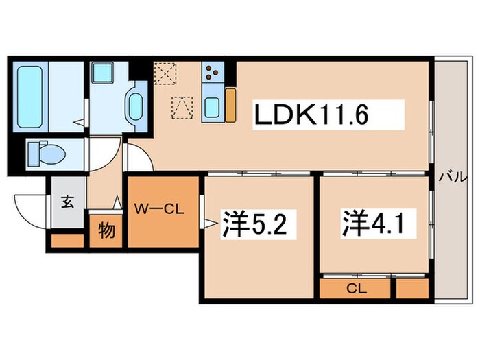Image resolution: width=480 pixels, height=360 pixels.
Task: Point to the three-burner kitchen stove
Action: tap(213, 73)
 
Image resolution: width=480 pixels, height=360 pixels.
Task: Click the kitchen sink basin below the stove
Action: tap(212, 108)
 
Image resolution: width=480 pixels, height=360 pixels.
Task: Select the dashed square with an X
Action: tap(165, 73)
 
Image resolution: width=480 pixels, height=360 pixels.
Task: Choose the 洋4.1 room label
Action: tap(368, 223)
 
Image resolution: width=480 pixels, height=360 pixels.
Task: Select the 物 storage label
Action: tap(106, 230)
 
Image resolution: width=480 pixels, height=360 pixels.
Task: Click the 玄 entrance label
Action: tap(68, 202)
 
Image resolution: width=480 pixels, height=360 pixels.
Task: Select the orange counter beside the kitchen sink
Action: tap(230, 106)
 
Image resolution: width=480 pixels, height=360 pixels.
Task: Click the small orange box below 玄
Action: tap(66, 241)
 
